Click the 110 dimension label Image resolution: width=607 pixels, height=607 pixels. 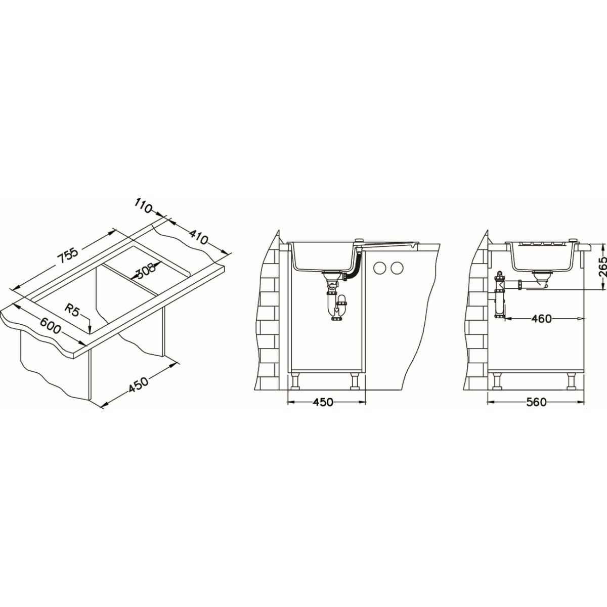point(143,207)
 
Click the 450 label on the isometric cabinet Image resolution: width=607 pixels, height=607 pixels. point(138,385)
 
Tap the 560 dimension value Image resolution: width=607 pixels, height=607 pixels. point(536,402)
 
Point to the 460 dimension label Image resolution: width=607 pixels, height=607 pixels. point(541,319)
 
